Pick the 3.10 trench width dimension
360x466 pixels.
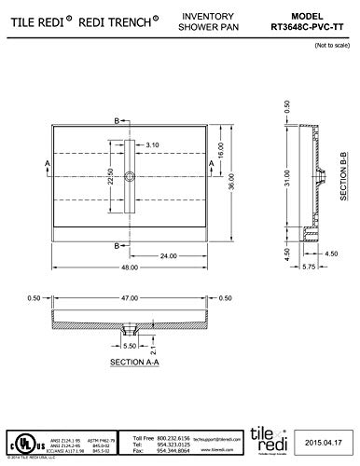click(x=155, y=144)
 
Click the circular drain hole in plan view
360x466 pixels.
click(x=132, y=177)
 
